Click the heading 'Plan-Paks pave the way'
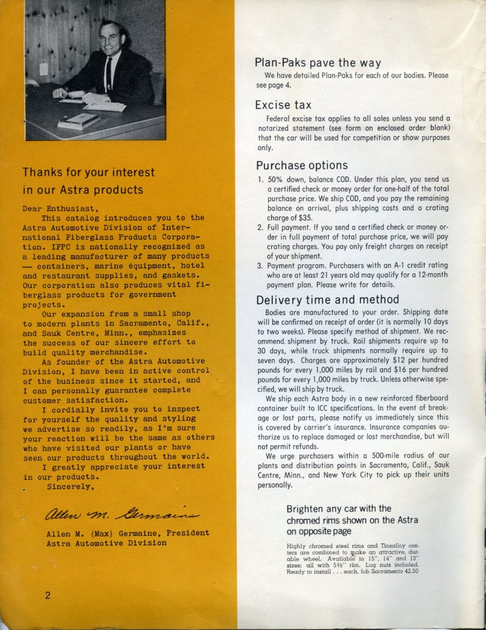point(318,62)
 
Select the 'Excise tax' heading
point(283,105)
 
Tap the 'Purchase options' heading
point(302,165)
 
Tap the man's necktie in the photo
point(108,73)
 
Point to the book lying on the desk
point(78,120)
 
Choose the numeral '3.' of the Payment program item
point(260,265)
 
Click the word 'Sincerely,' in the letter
point(70,487)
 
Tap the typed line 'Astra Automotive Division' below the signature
point(106,543)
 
